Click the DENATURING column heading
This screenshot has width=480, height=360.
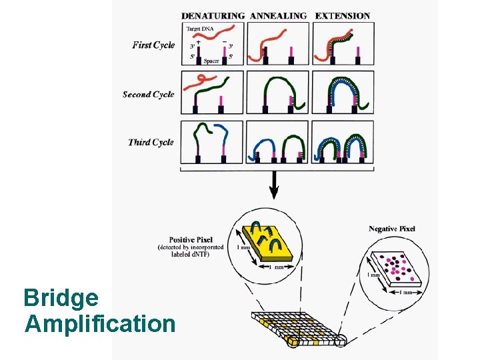(213, 15)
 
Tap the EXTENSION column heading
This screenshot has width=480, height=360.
(342, 15)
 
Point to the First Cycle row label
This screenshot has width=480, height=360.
(153, 45)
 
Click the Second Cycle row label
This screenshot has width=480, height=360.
(148, 94)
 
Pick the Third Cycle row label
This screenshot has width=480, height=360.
(151, 142)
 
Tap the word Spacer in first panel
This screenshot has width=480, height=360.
(211, 61)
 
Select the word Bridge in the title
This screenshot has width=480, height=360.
(61, 297)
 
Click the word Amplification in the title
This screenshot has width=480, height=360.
(100, 324)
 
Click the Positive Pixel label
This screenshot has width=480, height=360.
(191, 239)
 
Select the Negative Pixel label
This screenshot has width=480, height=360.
(391, 229)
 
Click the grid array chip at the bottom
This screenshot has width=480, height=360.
(296, 327)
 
